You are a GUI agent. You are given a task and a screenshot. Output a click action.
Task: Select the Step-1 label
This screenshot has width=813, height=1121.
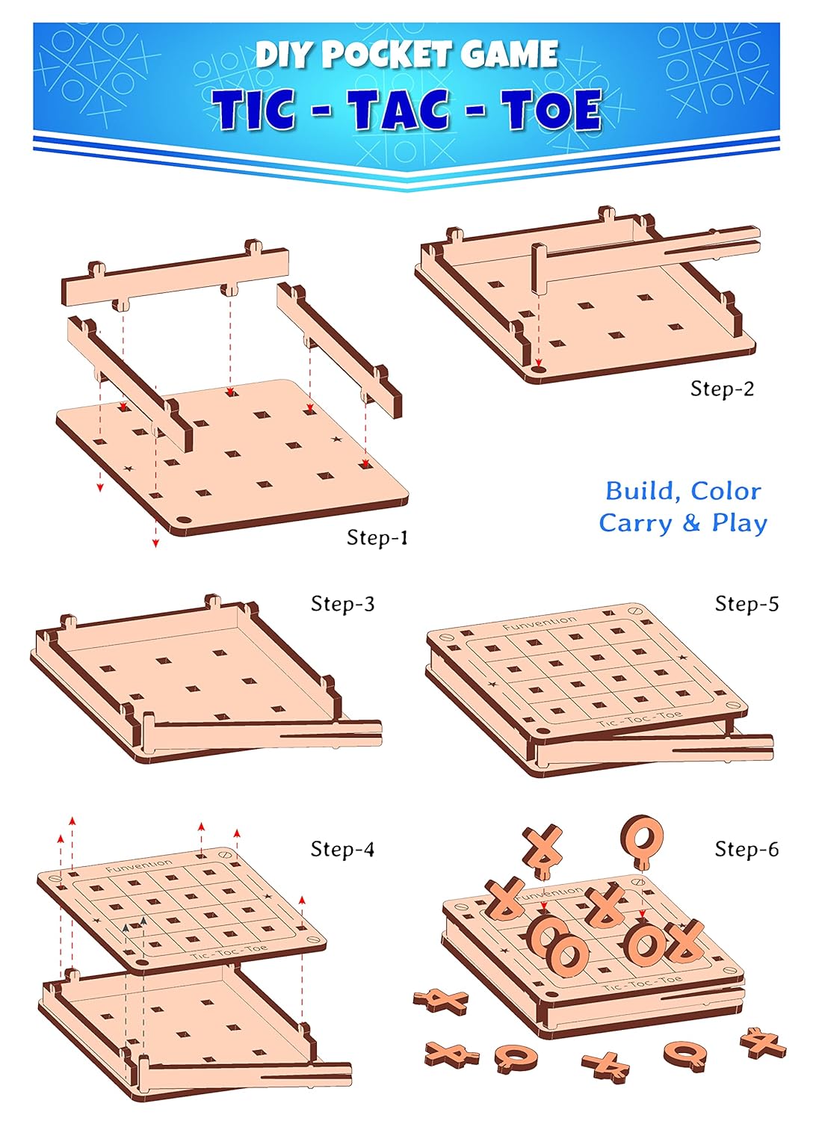[x=377, y=537]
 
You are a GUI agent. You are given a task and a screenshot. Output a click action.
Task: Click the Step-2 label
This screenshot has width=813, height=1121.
[x=722, y=389]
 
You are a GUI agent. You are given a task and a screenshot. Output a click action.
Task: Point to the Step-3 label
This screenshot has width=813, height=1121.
[x=342, y=604]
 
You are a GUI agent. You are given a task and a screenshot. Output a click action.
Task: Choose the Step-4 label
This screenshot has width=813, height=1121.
[x=342, y=849]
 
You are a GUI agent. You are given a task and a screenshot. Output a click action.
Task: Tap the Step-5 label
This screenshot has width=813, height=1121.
[x=746, y=604]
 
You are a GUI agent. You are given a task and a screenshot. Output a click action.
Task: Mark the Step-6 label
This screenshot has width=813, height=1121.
[x=746, y=849]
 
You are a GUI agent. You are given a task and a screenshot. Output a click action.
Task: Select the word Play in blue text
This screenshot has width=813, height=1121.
[x=739, y=523]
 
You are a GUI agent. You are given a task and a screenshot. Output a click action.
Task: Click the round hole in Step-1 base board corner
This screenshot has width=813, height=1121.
[x=183, y=520]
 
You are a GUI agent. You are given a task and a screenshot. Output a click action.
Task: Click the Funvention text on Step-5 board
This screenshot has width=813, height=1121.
[x=540, y=623]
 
